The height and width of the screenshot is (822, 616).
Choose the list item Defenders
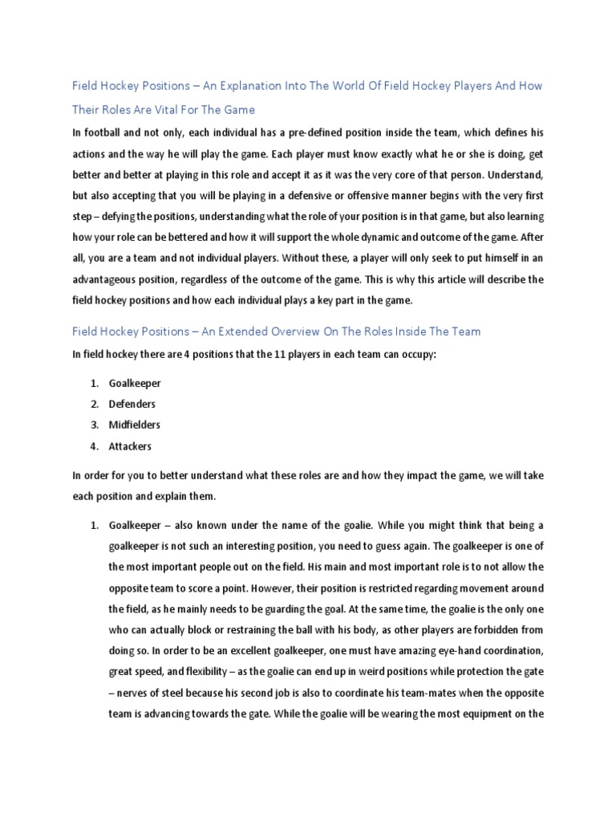(132, 405)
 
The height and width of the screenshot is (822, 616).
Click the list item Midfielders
(136, 425)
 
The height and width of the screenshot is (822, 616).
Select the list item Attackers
(130, 446)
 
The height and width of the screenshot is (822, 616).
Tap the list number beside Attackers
(94, 446)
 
